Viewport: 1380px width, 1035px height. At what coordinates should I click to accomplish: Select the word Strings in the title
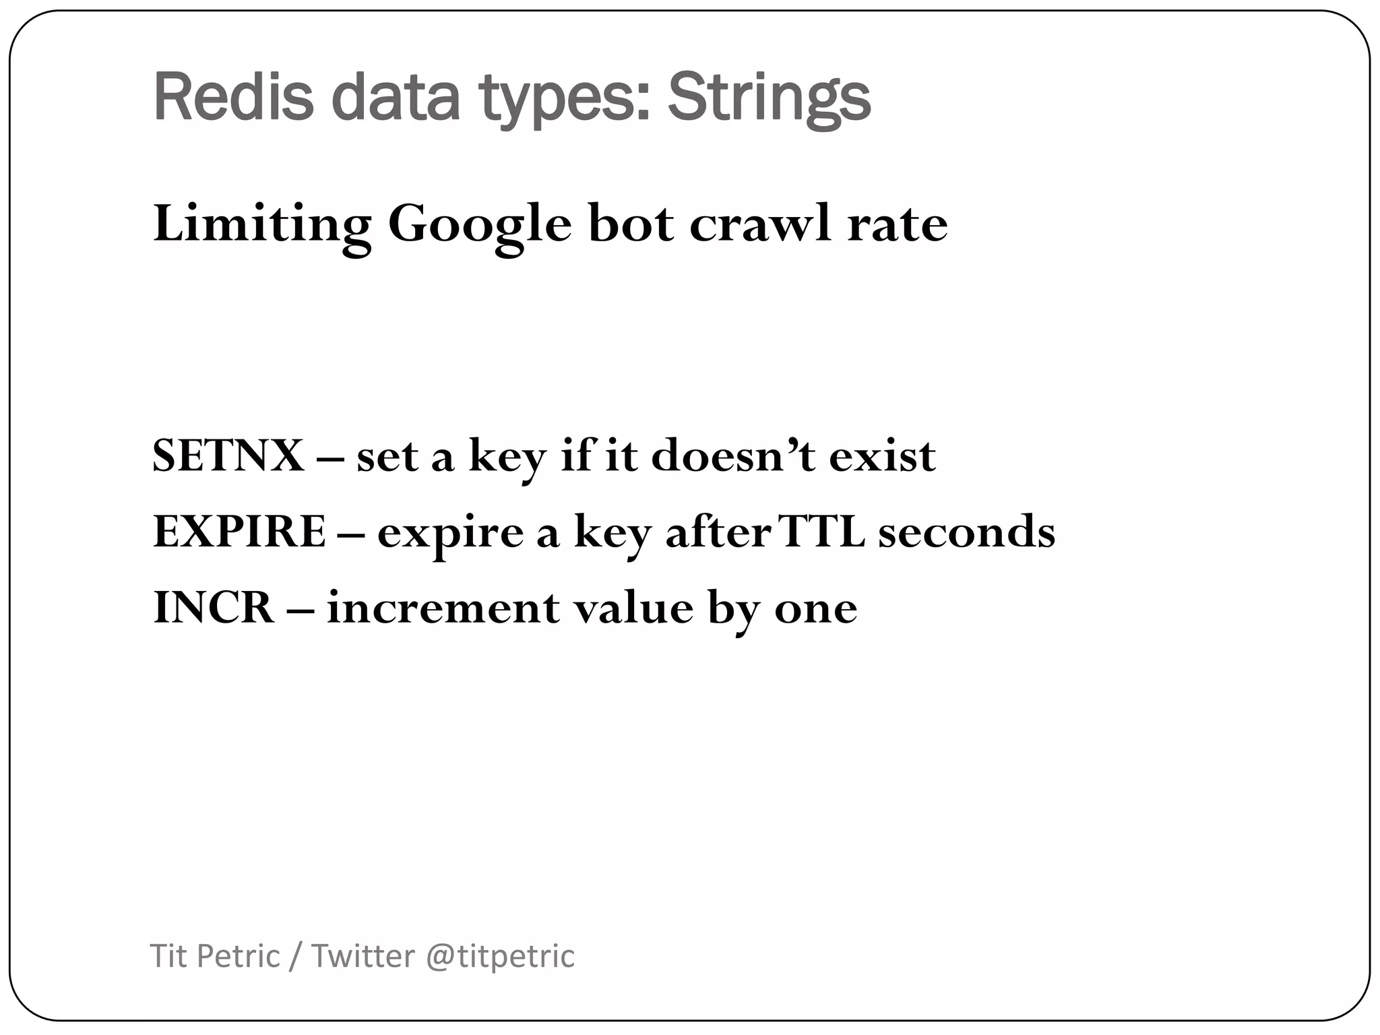click(769, 98)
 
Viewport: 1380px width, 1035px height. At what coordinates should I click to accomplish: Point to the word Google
click(479, 224)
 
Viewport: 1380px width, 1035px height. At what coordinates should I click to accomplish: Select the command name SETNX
click(228, 456)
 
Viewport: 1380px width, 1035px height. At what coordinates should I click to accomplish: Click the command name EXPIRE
click(240, 532)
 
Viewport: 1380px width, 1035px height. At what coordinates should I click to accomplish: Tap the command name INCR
click(214, 608)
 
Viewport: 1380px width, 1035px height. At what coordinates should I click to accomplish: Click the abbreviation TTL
click(821, 532)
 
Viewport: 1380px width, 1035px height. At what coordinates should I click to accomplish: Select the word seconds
click(966, 532)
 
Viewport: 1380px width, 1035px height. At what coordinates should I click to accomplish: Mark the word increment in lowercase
click(443, 608)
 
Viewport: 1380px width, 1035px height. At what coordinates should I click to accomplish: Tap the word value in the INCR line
click(633, 608)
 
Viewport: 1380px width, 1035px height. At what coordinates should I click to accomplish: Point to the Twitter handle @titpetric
click(500, 956)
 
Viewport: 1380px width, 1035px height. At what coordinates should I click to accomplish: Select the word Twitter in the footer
click(363, 956)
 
